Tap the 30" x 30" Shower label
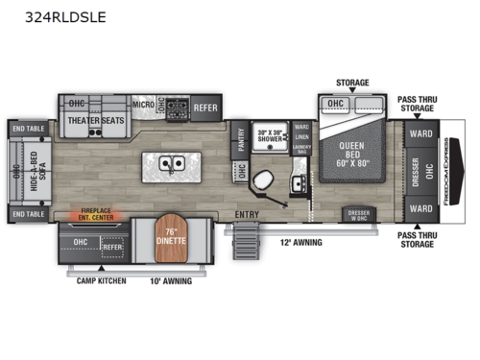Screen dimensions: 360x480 [271, 136]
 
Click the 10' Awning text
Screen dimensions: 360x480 [172, 280]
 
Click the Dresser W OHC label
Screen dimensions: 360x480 [358, 215]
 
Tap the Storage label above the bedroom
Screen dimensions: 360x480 [351, 84]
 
